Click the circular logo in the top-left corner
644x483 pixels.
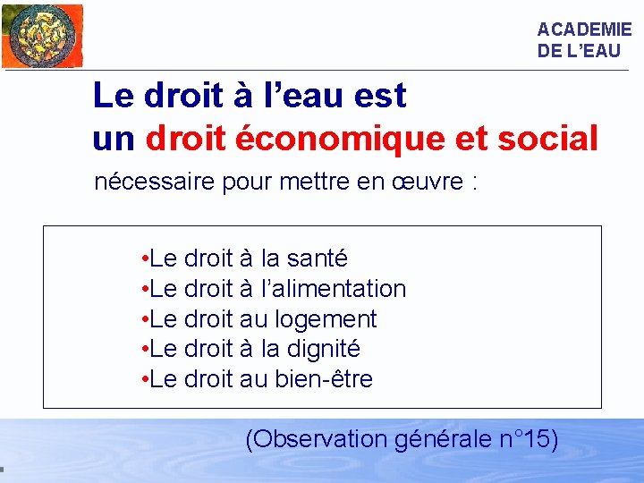pos(40,36)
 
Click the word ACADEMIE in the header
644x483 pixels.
pos(584,30)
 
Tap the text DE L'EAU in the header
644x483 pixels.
pos(578,51)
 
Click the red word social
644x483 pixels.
pos(548,139)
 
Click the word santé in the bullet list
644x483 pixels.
pos(318,258)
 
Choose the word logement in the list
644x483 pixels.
pos(326,319)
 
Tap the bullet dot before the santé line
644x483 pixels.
pos(144,259)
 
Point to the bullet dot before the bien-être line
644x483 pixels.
pos(144,379)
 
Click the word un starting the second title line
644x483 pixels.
pos(114,139)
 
